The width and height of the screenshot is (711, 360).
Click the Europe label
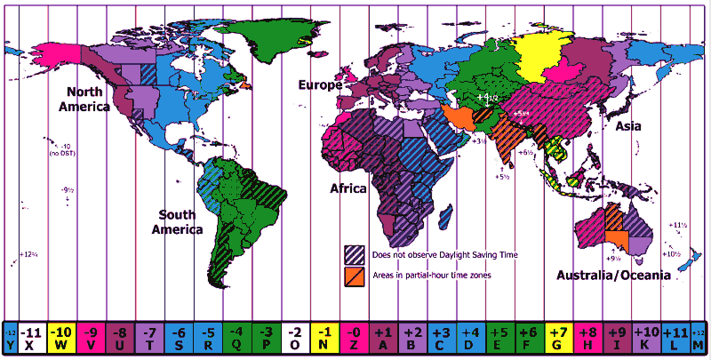(x=321, y=85)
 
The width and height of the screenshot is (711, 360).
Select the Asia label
(x=628, y=127)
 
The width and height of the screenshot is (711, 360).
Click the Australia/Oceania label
(x=613, y=276)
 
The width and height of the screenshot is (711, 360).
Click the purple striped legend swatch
(x=354, y=254)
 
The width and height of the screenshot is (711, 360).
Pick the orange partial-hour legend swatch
(x=354, y=275)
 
